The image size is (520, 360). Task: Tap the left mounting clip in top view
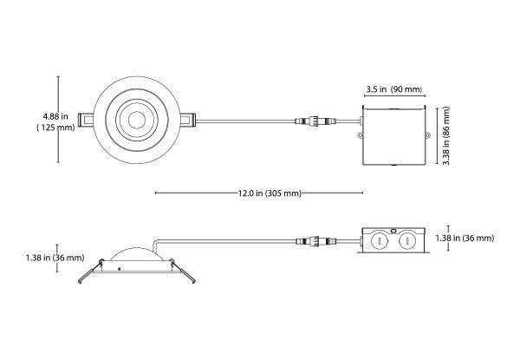pos(84,119)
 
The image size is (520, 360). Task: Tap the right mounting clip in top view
pos(188,119)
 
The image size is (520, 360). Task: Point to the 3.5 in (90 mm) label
pos(393,89)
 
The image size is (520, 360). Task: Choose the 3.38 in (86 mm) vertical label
pos(446,134)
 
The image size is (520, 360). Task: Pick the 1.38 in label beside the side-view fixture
pos(31,258)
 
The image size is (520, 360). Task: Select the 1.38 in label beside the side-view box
pos(465,238)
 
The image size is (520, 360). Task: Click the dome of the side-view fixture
pos(133,255)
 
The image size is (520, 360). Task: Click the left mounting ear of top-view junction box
pos(358,134)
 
